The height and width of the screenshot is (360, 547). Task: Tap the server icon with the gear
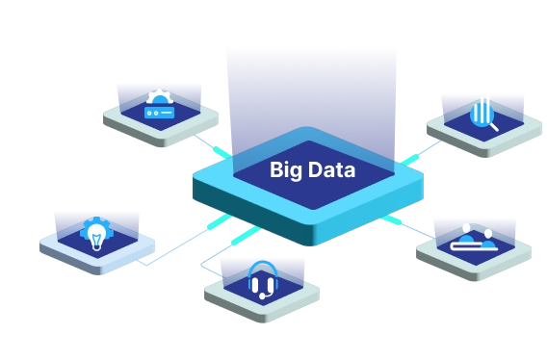(x=158, y=107)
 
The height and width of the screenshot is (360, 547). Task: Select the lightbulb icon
(x=97, y=235)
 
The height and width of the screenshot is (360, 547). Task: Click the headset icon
(x=262, y=282)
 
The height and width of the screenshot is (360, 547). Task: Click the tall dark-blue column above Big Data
(x=310, y=91)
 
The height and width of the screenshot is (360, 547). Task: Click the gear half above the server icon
(x=158, y=97)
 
